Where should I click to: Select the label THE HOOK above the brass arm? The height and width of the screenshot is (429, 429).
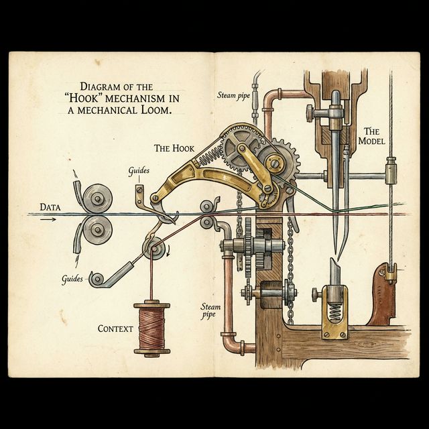coord(174,147)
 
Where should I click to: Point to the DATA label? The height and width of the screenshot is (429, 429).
coord(51,207)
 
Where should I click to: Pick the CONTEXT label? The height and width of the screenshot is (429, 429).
coord(115,328)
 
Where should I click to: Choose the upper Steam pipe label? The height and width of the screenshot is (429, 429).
coord(233,95)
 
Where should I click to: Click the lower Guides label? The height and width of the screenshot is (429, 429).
coord(72,278)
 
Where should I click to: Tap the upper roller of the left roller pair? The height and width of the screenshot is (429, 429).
coord(98,198)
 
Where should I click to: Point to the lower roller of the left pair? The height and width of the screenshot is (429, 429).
coord(98,231)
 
